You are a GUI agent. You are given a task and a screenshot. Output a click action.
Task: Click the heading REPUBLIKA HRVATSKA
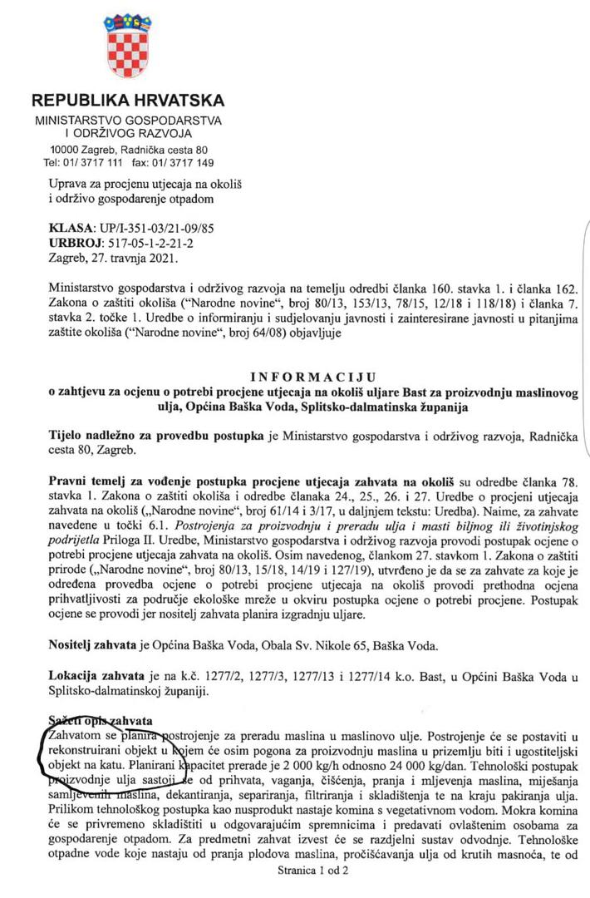127,101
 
